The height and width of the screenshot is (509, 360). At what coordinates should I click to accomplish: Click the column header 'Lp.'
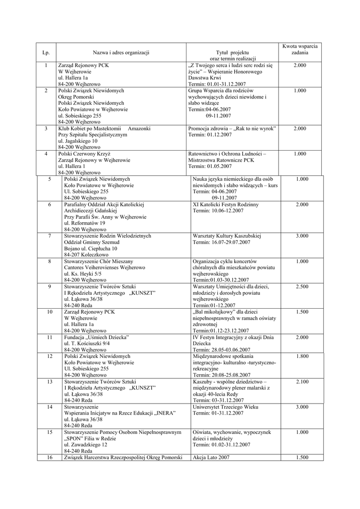click(x=46, y=52)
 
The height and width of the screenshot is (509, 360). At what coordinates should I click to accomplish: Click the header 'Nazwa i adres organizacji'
click(x=121, y=52)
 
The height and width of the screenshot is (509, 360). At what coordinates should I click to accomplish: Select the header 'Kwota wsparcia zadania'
click(x=299, y=49)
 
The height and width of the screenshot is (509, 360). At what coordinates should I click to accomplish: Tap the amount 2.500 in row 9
click(x=302, y=287)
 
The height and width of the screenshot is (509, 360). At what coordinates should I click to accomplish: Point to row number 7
click(x=50, y=236)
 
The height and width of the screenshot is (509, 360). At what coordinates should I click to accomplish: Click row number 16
click(x=50, y=457)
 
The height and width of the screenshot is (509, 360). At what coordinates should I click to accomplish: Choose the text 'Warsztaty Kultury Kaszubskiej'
click(x=227, y=236)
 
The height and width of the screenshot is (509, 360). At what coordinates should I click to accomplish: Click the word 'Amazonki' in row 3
click(x=139, y=129)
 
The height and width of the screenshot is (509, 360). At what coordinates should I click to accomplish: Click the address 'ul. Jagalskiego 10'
click(x=78, y=141)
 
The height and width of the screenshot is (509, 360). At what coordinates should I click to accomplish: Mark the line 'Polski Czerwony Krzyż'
click(x=84, y=154)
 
